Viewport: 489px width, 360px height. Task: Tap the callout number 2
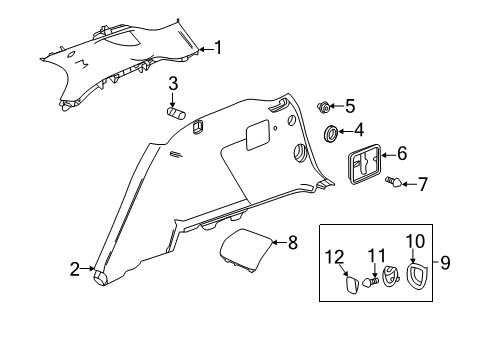coord(75,268)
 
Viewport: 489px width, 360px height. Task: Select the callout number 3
coord(173,83)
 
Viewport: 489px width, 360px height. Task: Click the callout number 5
coord(349,105)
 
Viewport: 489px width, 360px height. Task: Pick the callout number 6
coord(402,154)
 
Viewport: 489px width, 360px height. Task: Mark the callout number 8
coord(293,241)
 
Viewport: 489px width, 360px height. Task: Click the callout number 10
coord(415,240)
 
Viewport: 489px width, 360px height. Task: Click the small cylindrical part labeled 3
coord(178,113)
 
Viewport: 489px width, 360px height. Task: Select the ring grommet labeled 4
coord(330,133)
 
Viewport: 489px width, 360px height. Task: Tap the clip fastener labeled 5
coord(325,106)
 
